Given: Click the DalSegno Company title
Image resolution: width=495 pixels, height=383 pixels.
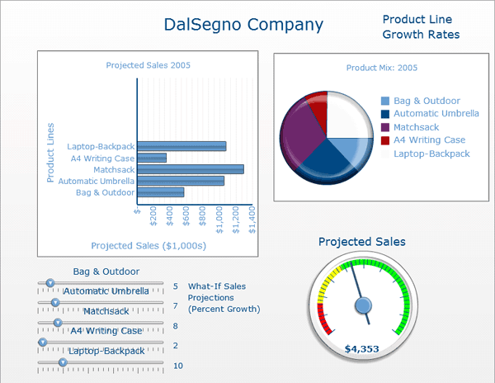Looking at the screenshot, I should pos(243,25).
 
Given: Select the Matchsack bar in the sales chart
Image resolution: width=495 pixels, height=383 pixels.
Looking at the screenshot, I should pos(191,169).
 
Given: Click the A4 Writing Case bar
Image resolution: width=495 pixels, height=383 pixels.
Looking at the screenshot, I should pos(152,158).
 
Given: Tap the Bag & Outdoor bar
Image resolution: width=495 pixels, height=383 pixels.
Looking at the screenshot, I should pos(161,192).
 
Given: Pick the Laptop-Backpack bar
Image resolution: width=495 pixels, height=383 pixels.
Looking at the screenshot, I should pos(181,146).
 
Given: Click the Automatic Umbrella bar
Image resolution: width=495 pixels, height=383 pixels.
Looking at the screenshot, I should pos(181,181).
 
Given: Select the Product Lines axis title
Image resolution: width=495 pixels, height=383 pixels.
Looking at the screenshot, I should pos(51,153).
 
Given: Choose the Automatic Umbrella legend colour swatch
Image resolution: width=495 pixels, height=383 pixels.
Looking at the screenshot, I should pos(385,114).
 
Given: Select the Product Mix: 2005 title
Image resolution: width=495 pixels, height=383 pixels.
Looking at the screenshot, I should pos(382,68).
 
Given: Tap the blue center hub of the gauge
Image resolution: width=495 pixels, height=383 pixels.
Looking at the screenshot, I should pos(363,306).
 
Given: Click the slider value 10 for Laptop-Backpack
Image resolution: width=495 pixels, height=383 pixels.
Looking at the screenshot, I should pos(177,366).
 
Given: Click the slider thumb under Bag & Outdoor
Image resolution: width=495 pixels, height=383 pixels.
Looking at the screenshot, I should pos(49,283).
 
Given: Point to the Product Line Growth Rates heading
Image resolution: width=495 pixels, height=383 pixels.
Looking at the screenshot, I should pos(421,26).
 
